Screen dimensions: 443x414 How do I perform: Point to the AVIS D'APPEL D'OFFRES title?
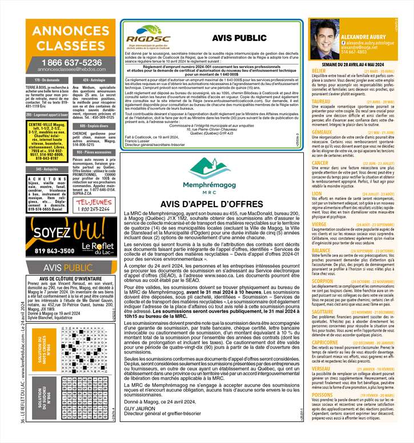[211, 203]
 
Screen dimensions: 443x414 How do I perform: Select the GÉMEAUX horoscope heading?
[323, 132]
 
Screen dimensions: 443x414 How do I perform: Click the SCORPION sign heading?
[323, 281]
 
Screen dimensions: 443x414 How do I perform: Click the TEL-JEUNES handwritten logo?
[94, 205]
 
